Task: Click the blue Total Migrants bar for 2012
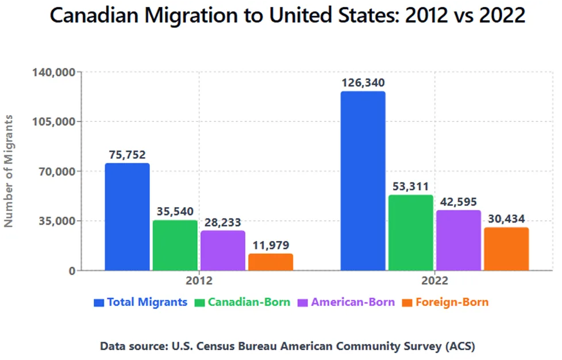(x=127, y=217)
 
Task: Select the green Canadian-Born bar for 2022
(x=411, y=233)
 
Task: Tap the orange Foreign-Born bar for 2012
(x=271, y=262)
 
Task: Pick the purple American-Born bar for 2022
(x=459, y=240)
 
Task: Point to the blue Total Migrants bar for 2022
(x=363, y=181)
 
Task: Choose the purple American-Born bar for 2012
(x=223, y=250)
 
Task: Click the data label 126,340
(x=363, y=83)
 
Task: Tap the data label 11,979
(x=271, y=245)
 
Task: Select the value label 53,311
(x=411, y=186)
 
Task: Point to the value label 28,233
(x=223, y=223)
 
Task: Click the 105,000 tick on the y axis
(x=54, y=122)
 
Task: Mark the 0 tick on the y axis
(x=72, y=271)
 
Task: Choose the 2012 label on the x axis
(x=199, y=281)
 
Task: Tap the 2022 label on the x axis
(x=435, y=281)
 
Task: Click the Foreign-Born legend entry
(x=445, y=302)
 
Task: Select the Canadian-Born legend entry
(x=242, y=302)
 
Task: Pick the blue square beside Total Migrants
(x=99, y=302)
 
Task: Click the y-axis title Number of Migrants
(x=8, y=171)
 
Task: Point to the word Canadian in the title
(x=94, y=15)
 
